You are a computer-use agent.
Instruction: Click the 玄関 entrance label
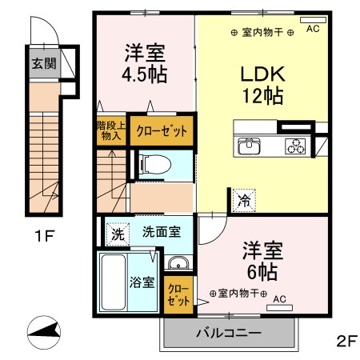[43, 63]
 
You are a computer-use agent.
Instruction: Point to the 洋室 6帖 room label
[260, 259]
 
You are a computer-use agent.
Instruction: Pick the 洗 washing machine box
[117, 235]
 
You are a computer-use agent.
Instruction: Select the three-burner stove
[297, 145]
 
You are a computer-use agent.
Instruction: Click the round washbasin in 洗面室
[178, 265]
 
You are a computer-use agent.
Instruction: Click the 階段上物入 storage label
[110, 130]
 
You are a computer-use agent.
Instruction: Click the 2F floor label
[346, 340]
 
